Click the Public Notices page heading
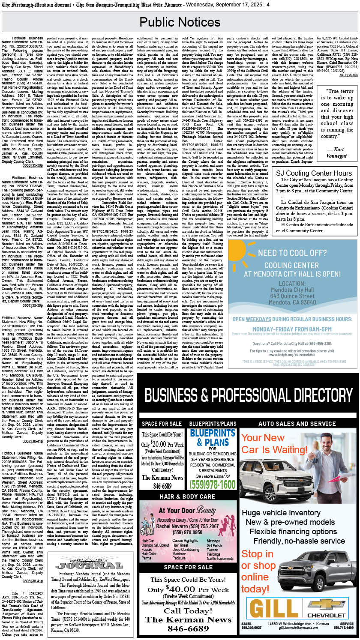pyautogui.click(x=180, y=22)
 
